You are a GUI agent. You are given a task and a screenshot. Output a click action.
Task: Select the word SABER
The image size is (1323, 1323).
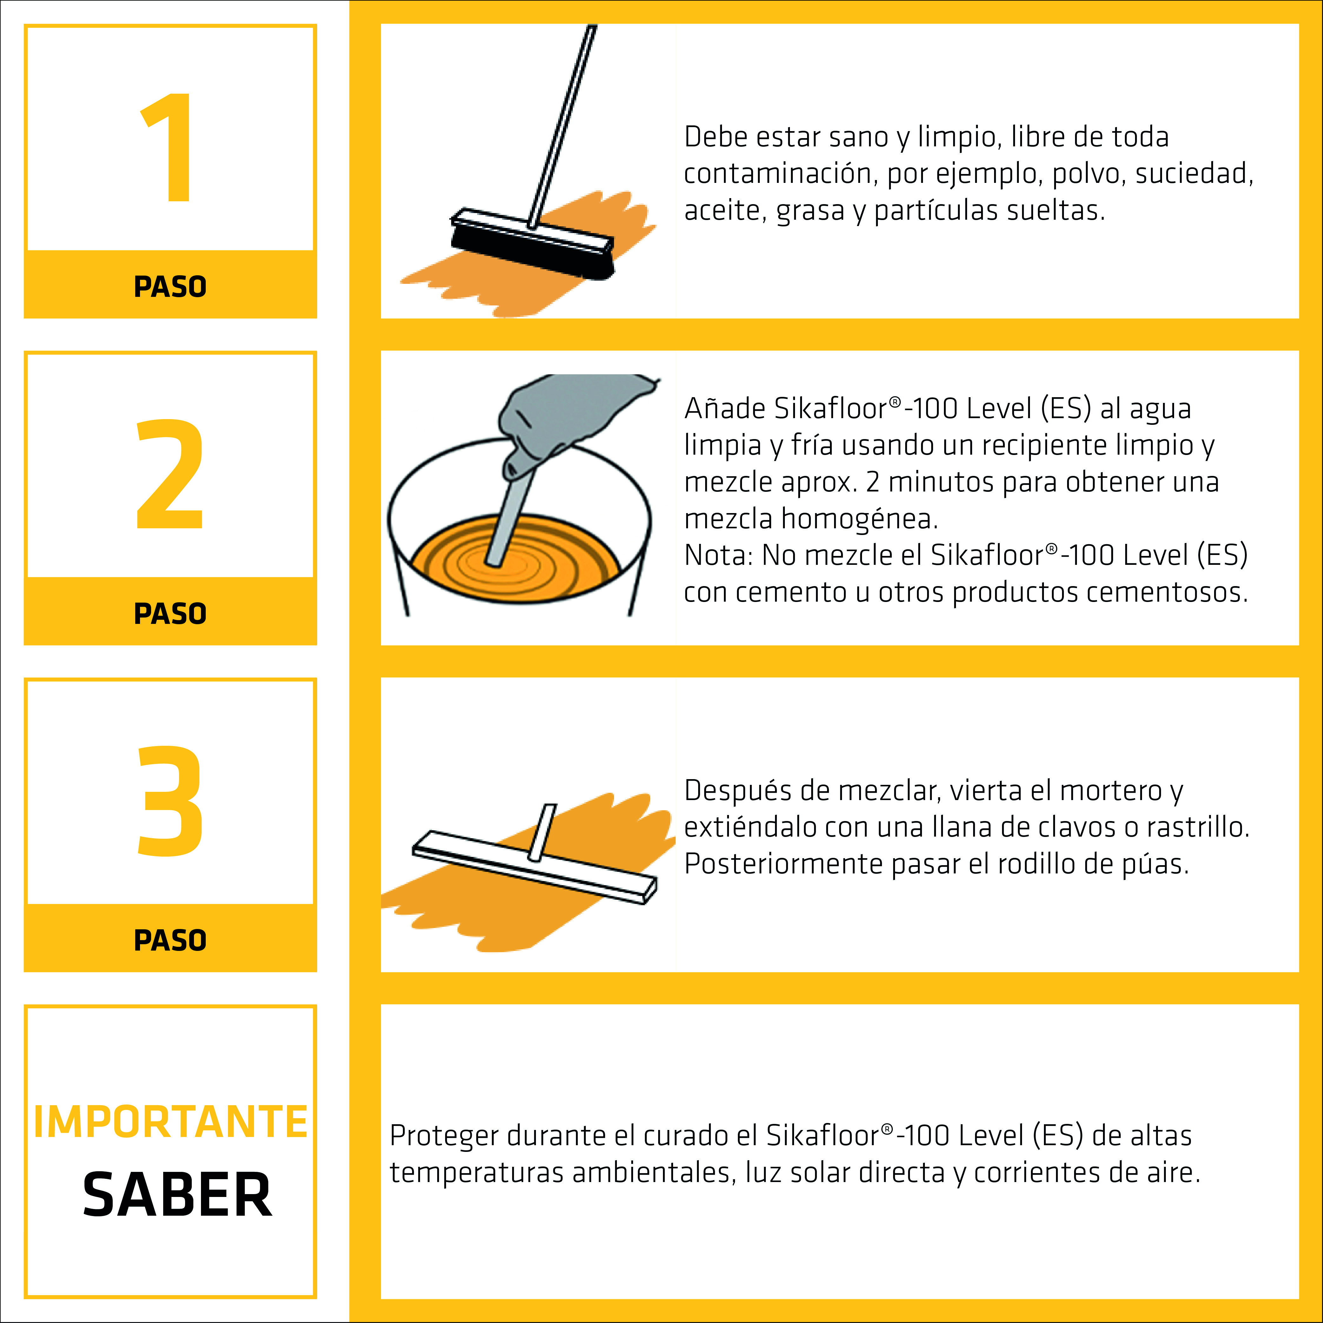pyautogui.click(x=177, y=1195)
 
